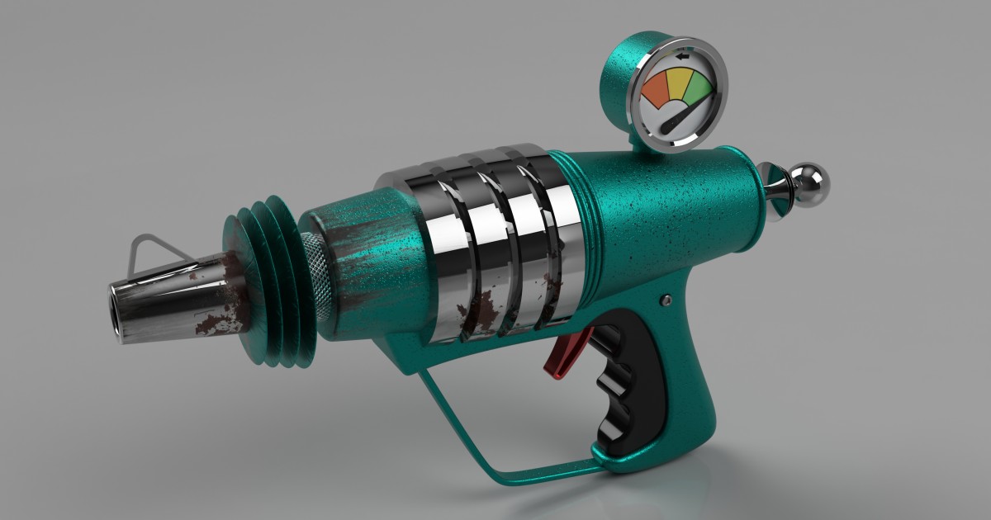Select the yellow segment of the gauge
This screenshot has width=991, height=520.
pos(680,83)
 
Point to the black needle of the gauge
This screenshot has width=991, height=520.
pos(674,120)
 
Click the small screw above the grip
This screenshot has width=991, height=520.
pos(666,301)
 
